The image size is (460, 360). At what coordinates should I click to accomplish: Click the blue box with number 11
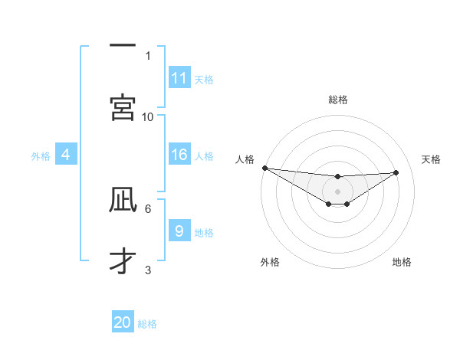coord(179,78)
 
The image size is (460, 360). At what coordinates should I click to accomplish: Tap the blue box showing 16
coord(179,155)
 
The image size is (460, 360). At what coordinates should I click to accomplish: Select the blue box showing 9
coord(179,231)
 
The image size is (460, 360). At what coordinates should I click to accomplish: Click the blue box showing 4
coord(66,155)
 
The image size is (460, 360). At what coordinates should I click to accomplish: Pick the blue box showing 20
coord(123,322)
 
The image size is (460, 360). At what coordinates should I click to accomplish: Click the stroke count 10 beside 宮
coord(148,116)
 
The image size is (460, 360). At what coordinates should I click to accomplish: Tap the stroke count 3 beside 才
coord(148,270)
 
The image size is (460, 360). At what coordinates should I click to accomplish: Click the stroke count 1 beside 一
coord(148,55)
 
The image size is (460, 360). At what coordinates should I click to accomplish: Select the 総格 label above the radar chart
coord(338,100)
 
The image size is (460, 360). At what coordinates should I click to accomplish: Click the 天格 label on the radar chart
coord(431,159)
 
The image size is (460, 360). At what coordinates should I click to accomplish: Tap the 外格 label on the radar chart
coord(270,262)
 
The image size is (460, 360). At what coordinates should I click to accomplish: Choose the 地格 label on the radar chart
coord(402,262)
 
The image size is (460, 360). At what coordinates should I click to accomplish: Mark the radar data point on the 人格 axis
coord(264,168)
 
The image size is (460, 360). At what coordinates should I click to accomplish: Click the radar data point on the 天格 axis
coord(396,172)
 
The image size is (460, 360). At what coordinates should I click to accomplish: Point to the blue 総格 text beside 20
coord(147,324)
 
